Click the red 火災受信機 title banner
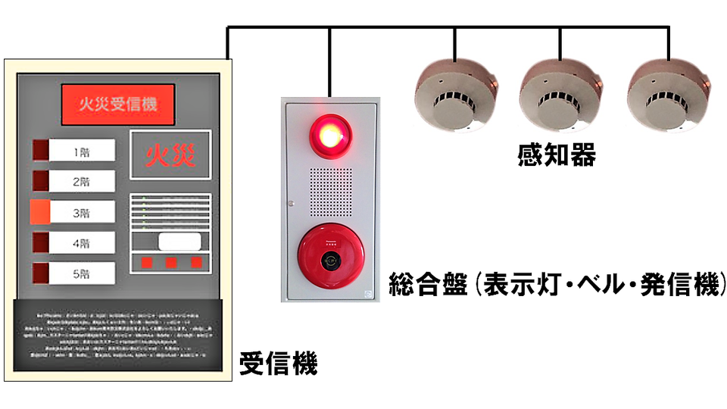[118, 105]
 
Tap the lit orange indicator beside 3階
[40, 212]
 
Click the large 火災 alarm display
[170, 155]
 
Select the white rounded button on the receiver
[179, 242]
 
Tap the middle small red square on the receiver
[171, 262]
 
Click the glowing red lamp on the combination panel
[329, 134]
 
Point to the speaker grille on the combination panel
[330, 192]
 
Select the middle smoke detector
[560, 92]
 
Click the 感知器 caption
[557, 155]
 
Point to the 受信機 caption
[278, 364]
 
